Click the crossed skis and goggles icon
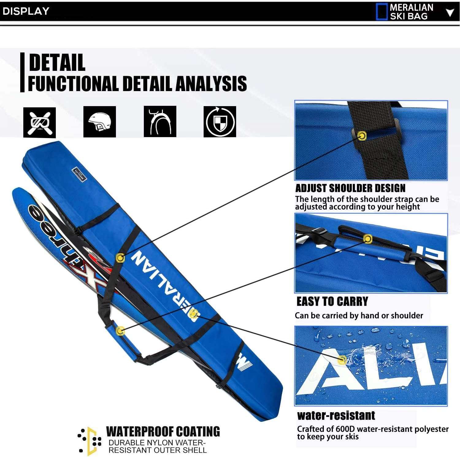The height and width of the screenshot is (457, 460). click(40, 122)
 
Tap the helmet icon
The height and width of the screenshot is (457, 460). click(100, 122)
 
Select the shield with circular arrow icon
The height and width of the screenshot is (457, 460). click(220, 122)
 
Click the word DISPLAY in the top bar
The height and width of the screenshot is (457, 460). click(26, 11)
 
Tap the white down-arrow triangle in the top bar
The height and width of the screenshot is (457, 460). click(450, 13)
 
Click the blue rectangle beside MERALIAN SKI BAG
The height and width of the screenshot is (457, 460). click(381, 12)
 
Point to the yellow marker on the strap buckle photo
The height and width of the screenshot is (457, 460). click(362, 136)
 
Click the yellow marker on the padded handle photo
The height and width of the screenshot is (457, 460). click(367, 238)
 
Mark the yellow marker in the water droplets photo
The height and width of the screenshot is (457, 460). click(342, 360)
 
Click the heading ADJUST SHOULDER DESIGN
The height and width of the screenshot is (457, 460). click(350, 188)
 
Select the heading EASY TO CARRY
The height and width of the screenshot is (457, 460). click(332, 301)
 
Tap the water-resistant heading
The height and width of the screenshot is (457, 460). click(336, 416)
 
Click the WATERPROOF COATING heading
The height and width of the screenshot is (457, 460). click(163, 432)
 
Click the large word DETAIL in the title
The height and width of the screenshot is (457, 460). click(57, 63)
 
